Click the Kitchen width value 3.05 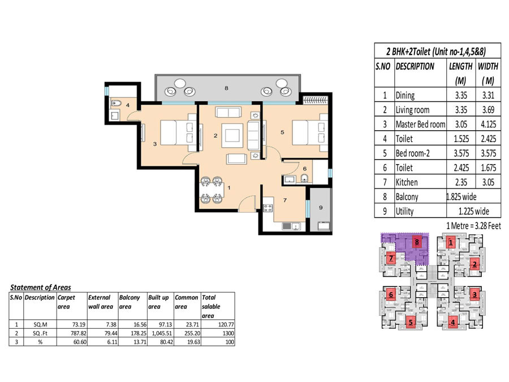point(488,182)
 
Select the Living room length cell point(461,110)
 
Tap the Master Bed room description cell point(420,124)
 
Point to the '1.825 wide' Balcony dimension point(461,196)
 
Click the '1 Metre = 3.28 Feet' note point(473,226)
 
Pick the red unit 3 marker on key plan point(475,295)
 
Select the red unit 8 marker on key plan point(417,242)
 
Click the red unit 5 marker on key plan point(411,322)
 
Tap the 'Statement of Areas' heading point(41,287)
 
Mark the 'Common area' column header point(186,302)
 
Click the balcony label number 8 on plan point(226,88)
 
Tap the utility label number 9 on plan point(321,208)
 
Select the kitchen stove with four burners point(268,208)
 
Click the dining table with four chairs point(212,190)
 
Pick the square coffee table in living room point(232,135)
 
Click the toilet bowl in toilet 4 point(116,104)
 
